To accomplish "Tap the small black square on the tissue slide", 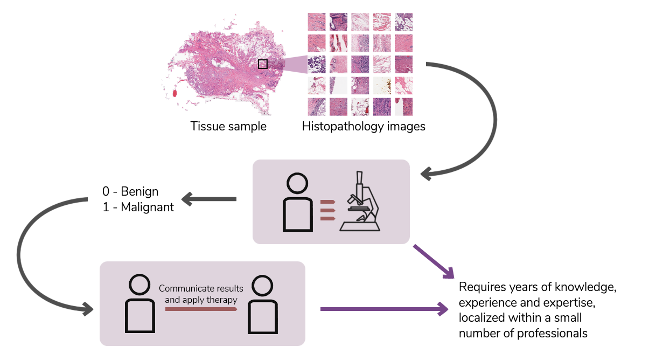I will point(262,64).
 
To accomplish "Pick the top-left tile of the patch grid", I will point(317,22).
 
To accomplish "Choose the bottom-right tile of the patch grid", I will point(403,106).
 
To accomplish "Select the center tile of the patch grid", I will point(360,64).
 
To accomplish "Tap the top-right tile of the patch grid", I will point(403,22).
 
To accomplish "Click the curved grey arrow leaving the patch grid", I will point(487,119).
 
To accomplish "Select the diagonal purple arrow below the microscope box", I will point(434,262).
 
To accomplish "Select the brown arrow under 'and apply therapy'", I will point(201,309).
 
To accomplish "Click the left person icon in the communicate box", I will point(140,304).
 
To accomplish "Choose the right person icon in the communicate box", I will point(263,304).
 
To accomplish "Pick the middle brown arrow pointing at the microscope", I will point(327,210).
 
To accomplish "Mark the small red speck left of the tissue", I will point(175,93).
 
